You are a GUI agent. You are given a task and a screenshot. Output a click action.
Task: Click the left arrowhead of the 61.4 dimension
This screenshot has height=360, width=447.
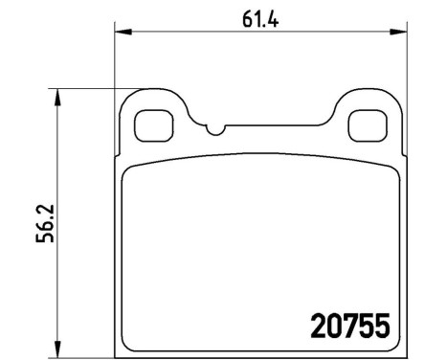pos(122,34)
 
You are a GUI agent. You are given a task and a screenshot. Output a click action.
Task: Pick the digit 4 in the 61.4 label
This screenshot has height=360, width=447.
pos(271,16)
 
